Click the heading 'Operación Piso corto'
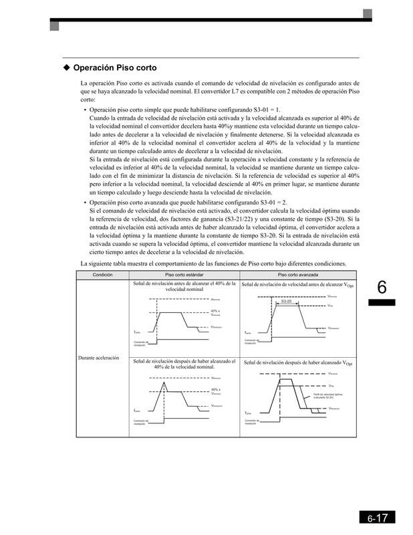tap(115, 68)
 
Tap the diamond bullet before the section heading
tap(66, 68)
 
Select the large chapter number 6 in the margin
tap(382, 288)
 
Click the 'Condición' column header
tap(102, 275)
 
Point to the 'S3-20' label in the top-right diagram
tap(287, 302)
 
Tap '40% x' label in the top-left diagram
tap(215, 311)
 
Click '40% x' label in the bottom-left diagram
tap(215, 389)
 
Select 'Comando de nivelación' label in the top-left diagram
tap(140, 344)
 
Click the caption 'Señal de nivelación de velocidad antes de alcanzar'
tap(292, 285)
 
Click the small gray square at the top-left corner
tap(54, 26)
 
